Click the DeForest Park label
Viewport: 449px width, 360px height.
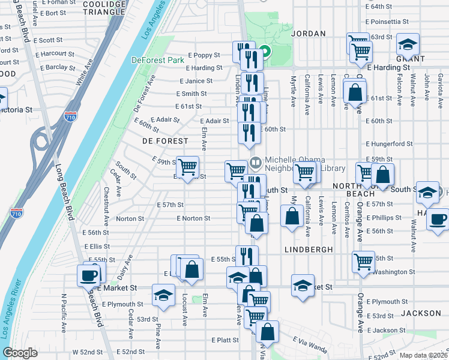point(157,60)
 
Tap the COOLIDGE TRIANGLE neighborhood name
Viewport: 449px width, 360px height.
point(104,8)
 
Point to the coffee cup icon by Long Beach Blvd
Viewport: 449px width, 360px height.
point(88,275)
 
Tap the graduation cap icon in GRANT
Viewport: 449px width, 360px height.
point(408,44)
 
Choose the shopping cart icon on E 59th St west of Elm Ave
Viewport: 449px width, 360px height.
point(188,166)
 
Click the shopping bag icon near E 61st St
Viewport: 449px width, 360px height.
point(355,92)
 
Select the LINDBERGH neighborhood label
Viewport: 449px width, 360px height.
point(305,248)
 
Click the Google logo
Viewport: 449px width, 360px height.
point(20,353)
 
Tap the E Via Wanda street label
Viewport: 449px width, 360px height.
point(310,344)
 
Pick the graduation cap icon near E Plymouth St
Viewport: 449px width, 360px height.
point(161,295)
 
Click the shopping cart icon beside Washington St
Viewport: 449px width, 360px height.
point(363,261)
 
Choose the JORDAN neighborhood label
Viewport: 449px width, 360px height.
point(308,34)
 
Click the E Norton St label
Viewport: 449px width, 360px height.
point(193,218)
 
